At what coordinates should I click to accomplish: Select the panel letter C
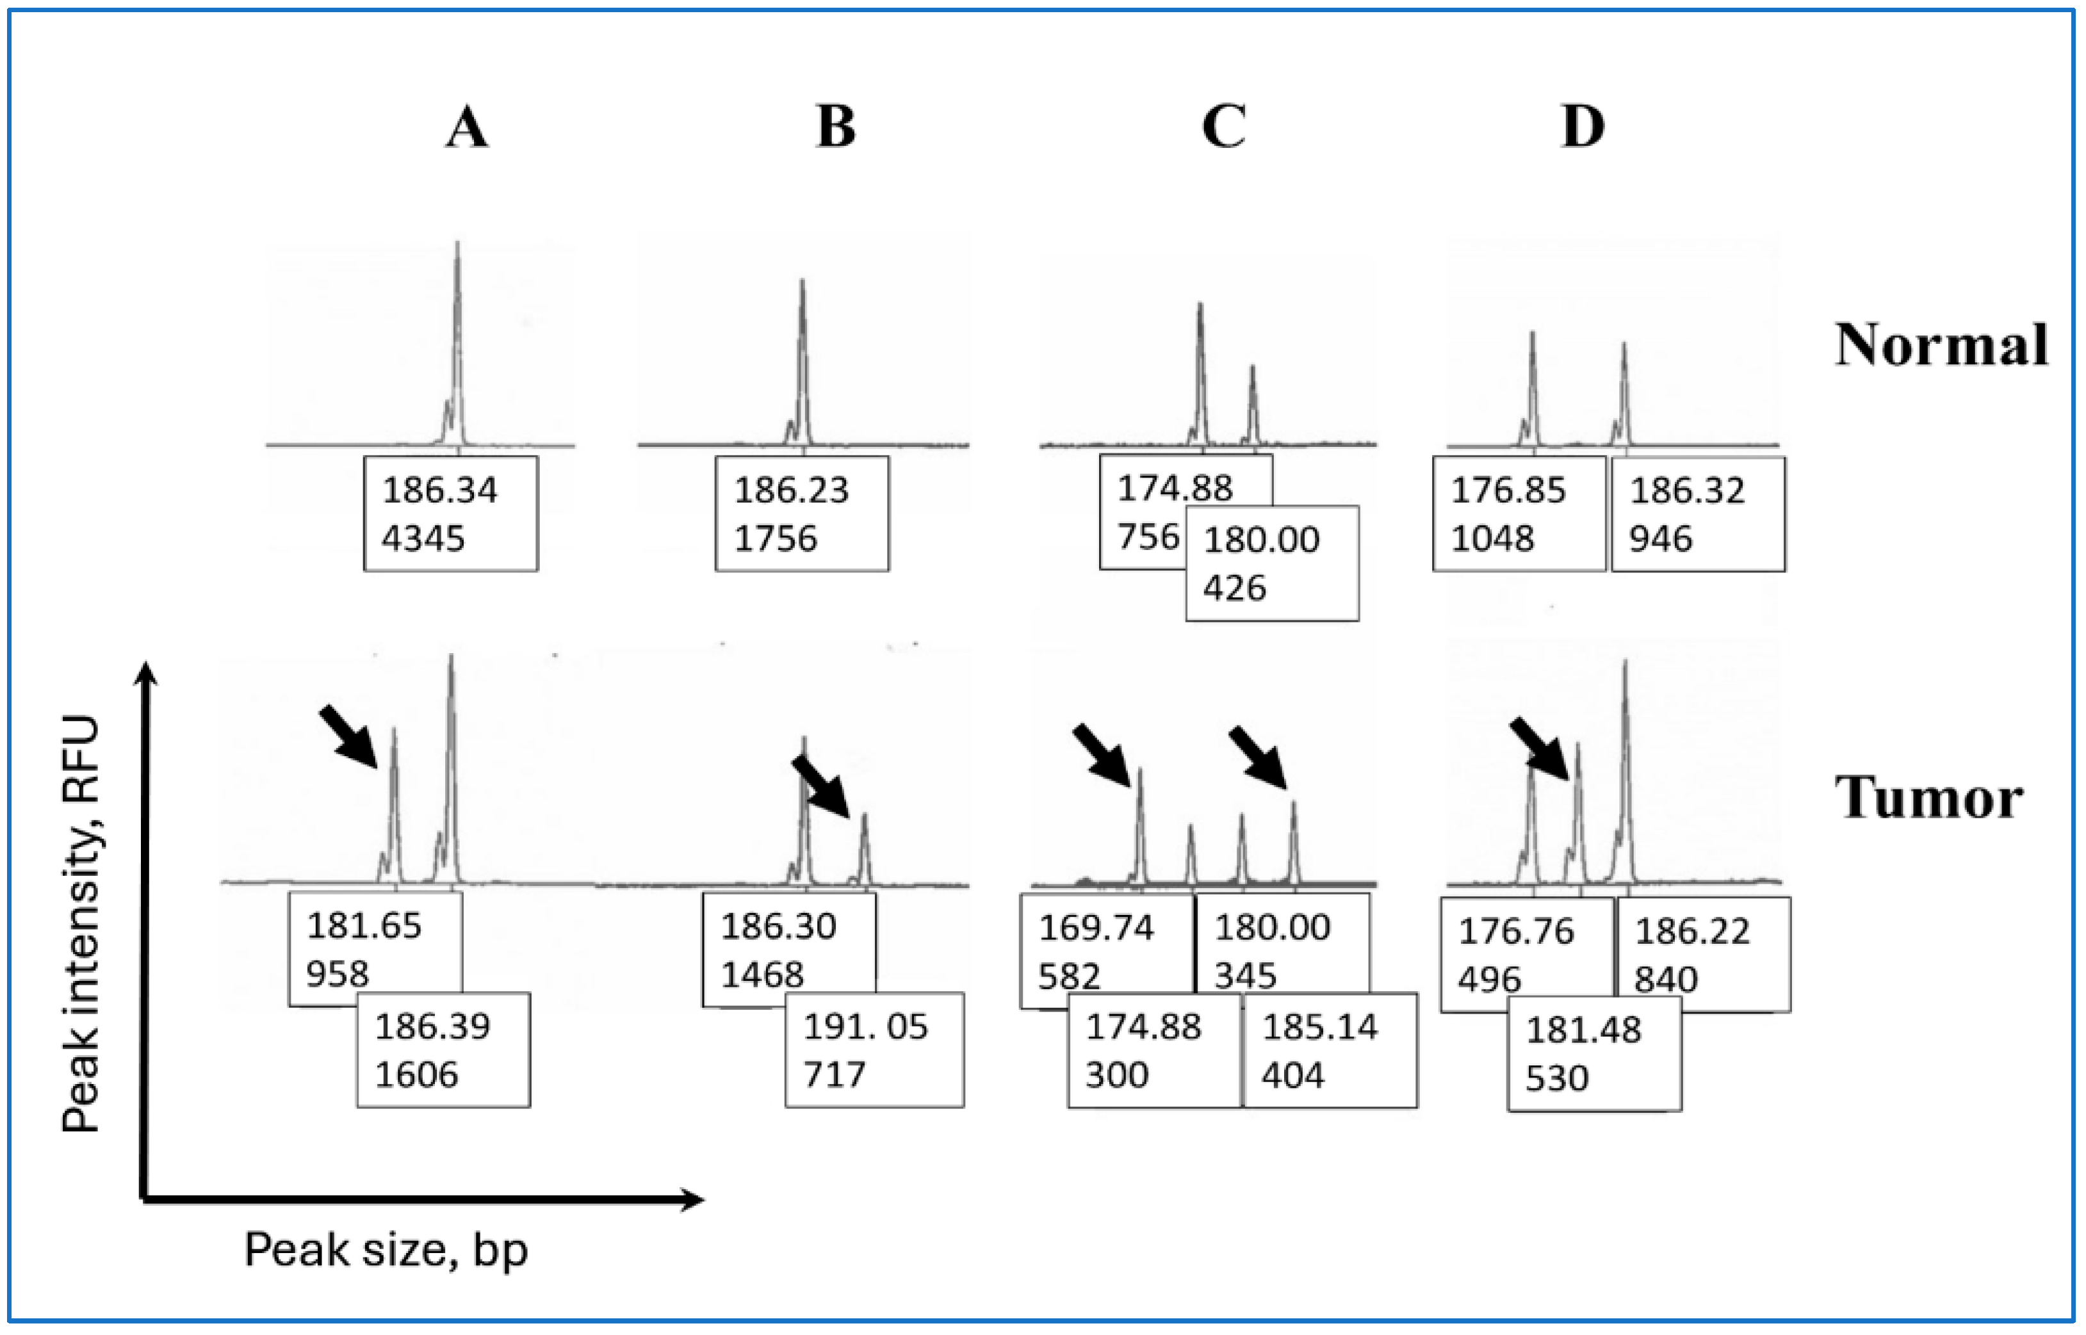tap(1223, 127)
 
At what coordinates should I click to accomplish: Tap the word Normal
tap(1941, 345)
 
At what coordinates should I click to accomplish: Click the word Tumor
tap(1928, 798)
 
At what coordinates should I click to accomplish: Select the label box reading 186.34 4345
tap(450, 514)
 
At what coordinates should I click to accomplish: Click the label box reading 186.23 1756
tap(801, 514)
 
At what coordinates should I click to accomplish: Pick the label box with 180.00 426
tap(1272, 563)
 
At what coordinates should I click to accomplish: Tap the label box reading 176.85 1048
tap(1519, 514)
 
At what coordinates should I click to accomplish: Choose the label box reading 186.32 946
tap(1698, 514)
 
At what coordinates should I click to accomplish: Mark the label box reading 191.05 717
tap(874, 1050)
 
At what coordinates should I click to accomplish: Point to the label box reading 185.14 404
tap(1330, 1050)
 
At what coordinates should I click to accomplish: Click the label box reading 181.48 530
tap(1594, 1053)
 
